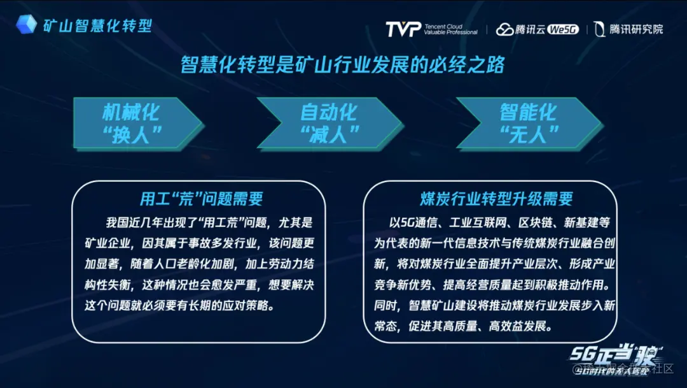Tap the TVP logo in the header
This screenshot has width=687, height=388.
403,29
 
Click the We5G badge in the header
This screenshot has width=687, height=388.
562,29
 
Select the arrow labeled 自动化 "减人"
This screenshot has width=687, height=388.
328,122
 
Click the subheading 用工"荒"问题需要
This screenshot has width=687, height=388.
201,199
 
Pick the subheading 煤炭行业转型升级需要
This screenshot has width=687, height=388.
496,199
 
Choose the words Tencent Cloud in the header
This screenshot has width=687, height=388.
444,25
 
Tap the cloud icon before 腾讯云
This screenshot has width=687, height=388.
505,29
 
